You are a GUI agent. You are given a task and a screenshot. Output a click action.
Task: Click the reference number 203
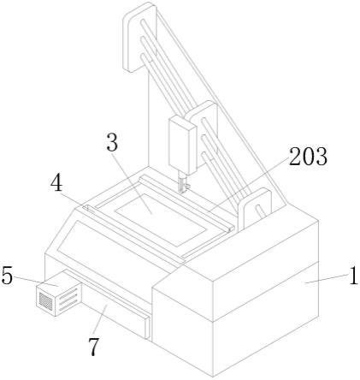coord(308,157)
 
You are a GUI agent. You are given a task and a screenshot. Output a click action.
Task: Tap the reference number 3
coord(112,142)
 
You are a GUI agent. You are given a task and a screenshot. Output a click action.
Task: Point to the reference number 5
coord(7,276)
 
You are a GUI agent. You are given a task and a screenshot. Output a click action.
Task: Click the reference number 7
coord(94,347)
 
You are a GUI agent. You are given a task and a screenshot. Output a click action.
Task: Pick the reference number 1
coord(353,276)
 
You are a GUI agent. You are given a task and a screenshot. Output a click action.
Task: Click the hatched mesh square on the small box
coord(46,301)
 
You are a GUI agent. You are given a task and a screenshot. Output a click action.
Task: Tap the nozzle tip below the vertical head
coord(182,191)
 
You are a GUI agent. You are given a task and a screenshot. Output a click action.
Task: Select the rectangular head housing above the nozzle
coord(183,145)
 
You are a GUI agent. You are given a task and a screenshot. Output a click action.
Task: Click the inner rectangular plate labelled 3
coord(161,220)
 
